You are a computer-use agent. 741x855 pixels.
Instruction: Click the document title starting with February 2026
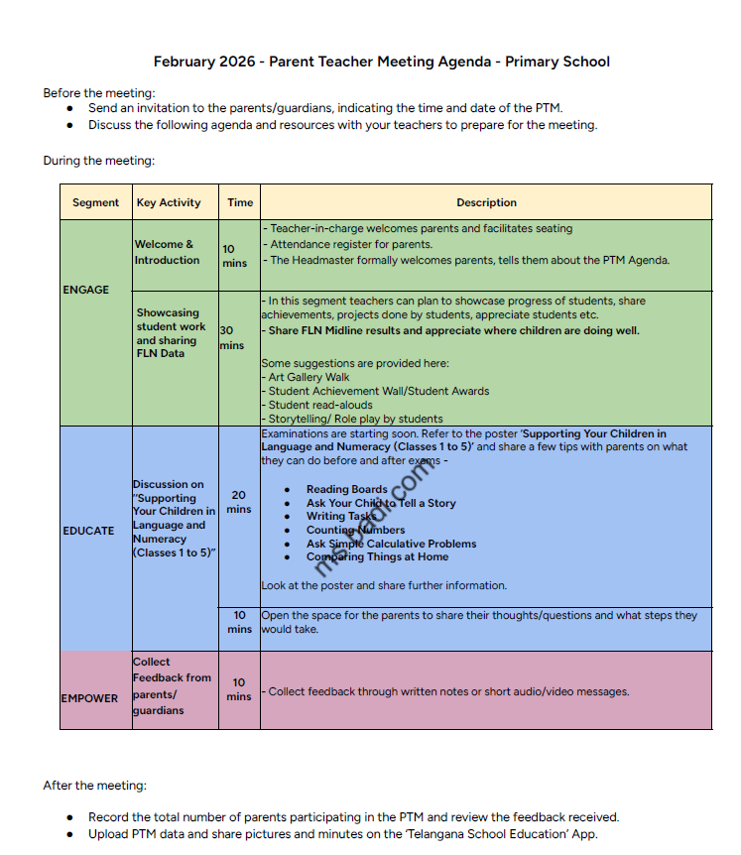pos(381,61)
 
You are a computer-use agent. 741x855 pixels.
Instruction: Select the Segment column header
pos(95,202)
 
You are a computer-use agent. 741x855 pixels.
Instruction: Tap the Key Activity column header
pos(169,202)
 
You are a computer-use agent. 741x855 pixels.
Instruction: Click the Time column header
pos(240,202)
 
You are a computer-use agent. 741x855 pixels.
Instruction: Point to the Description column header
pos(486,202)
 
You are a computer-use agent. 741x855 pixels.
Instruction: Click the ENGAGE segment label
pos(86,290)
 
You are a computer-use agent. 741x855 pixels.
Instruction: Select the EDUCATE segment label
pos(88,531)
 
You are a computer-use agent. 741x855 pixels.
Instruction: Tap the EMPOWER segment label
pos(89,698)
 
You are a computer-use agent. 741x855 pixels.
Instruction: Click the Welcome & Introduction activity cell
pos(168,252)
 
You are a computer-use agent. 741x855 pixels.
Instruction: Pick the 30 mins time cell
pos(232,337)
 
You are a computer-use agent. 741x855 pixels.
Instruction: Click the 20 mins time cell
pos(239,502)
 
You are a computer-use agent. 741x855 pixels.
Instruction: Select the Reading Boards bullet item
pos(346,489)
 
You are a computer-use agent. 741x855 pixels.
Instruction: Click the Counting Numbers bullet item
pos(355,530)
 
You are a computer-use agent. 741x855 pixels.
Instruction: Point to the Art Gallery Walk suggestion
pos(309,377)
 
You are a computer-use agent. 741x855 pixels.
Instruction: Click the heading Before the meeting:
pos(99,93)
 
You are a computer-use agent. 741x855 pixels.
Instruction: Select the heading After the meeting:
pos(94,786)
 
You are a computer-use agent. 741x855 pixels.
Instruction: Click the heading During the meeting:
pos(98,161)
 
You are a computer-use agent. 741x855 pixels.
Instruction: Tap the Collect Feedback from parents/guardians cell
pos(172,686)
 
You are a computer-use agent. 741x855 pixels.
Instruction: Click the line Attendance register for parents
pos(351,244)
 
